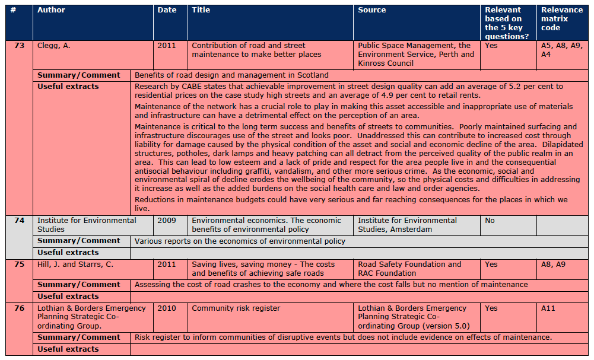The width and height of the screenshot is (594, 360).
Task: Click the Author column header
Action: point(52,10)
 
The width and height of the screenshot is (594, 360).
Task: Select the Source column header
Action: point(372,10)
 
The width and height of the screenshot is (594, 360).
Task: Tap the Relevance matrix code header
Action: point(562,18)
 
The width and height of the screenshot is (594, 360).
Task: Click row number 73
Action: point(20,46)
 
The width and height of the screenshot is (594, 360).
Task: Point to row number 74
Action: point(20,221)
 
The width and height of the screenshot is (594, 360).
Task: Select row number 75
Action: point(20,265)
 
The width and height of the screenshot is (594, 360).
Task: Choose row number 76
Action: point(20,308)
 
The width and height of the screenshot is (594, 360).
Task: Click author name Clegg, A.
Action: point(54,46)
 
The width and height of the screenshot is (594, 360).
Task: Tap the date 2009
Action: point(167,221)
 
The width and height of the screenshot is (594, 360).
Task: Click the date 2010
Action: point(167,308)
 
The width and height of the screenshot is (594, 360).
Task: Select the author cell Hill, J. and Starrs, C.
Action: point(75,265)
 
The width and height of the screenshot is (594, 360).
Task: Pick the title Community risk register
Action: point(236,308)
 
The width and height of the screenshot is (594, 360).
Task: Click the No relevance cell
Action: point(490,221)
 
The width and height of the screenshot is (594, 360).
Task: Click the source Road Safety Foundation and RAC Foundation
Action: point(409,269)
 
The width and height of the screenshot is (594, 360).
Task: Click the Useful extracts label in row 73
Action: point(68,87)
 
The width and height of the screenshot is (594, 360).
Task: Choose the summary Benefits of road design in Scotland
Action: point(231,75)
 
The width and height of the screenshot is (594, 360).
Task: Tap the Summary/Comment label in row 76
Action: point(79,337)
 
